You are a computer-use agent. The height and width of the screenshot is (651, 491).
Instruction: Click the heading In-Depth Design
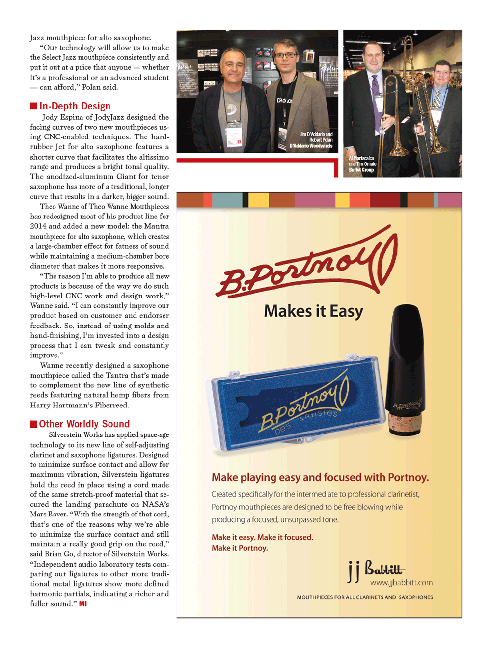tap(75, 106)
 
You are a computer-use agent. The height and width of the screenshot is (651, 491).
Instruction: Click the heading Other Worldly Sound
tap(84, 424)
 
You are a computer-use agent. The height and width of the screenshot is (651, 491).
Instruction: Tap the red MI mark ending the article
tap(83, 604)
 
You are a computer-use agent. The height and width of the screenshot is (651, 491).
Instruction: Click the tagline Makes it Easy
tap(313, 311)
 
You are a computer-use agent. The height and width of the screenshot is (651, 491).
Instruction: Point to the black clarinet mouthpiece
tap(406, 353)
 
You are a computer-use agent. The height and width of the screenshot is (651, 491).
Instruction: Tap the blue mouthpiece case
tap(297, 403)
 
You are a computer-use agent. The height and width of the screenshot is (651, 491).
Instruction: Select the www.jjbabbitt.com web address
tap(401, 583)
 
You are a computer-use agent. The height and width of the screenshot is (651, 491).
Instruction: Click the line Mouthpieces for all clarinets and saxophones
tap(364, 597)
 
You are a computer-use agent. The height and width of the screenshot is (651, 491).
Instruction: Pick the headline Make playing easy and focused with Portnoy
tap(320, 478)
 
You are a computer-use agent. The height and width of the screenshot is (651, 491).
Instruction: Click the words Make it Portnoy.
tap(240, 548)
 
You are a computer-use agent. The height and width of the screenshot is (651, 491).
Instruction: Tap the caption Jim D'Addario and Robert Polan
tap(314, 140)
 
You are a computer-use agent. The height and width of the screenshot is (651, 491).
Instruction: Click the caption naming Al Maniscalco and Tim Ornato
tap(362, 164)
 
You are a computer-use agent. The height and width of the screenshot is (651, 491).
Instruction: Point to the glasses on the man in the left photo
tap(284, 55)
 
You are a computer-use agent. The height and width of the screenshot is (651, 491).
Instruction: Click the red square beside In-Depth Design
tap(33, 106)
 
